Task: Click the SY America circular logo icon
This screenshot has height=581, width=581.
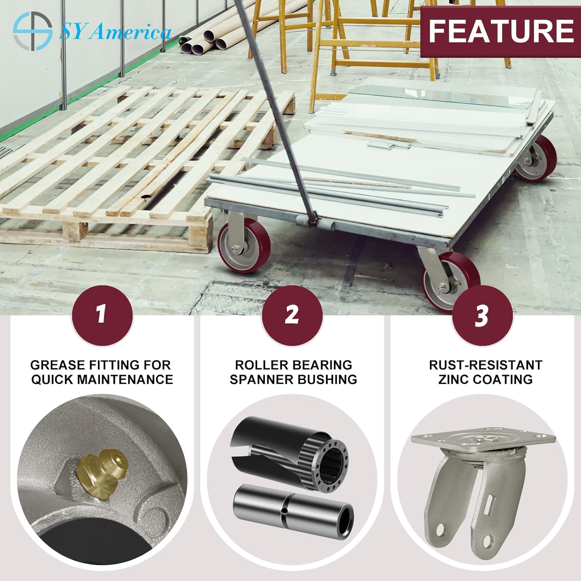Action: click(33, 31)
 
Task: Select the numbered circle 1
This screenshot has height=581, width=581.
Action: click(102, 315)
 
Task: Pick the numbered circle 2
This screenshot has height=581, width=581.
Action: click(292, 315)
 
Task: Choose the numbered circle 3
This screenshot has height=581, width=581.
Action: click(482, 315)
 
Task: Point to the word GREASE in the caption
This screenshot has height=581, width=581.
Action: click(57, 365)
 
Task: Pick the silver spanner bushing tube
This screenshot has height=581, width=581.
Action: click(293, 512)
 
